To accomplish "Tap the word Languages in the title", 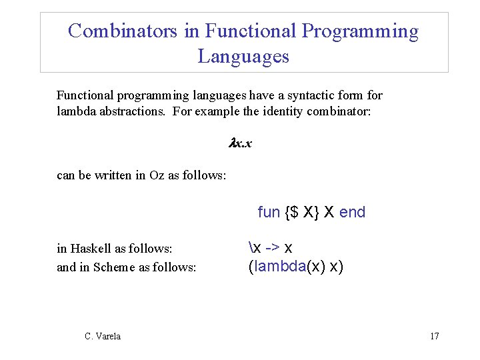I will (x=243, y=56).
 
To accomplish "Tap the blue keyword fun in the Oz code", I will (x=269, y=213).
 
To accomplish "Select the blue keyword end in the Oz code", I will (x=352, y=213).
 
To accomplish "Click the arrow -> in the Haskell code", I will (x=272, y=248).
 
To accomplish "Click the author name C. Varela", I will (x=103, y=336).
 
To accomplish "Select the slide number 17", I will (x=434, y=336).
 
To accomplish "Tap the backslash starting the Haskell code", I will (x=251, y=248).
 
